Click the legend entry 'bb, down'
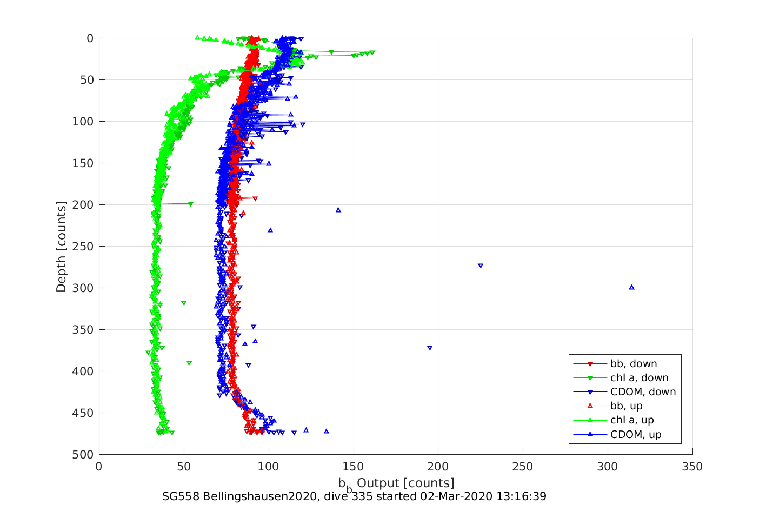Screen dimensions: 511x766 pos(633,364)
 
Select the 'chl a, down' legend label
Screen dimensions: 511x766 pos(639,378)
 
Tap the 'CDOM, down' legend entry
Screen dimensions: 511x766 pos(643,392)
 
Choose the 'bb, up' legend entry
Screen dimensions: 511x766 pos(626,406)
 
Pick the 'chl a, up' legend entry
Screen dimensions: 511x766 pos(632,420)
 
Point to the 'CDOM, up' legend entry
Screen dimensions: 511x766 pos(636,435)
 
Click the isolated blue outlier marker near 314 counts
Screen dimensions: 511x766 pos(631,287)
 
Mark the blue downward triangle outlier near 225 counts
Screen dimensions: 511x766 pos(481,266)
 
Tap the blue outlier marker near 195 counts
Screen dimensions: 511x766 pos(430,348)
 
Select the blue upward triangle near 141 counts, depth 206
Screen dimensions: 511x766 pos(338,210)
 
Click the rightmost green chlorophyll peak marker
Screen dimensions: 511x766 pos(372,52)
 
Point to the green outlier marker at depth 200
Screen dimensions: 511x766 pos(191,204)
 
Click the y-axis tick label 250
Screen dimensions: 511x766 pos(83,247)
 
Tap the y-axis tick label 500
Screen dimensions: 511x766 pos(83,455)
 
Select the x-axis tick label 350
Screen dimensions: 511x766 pos(692,467)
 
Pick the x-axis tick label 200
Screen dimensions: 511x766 pos(438,467)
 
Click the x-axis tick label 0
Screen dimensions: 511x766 pos(99,467)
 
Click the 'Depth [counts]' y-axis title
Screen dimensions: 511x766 pos(61,247)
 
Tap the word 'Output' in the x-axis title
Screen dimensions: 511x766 pos(378,483)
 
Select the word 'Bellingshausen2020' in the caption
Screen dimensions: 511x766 pos(259,496)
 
